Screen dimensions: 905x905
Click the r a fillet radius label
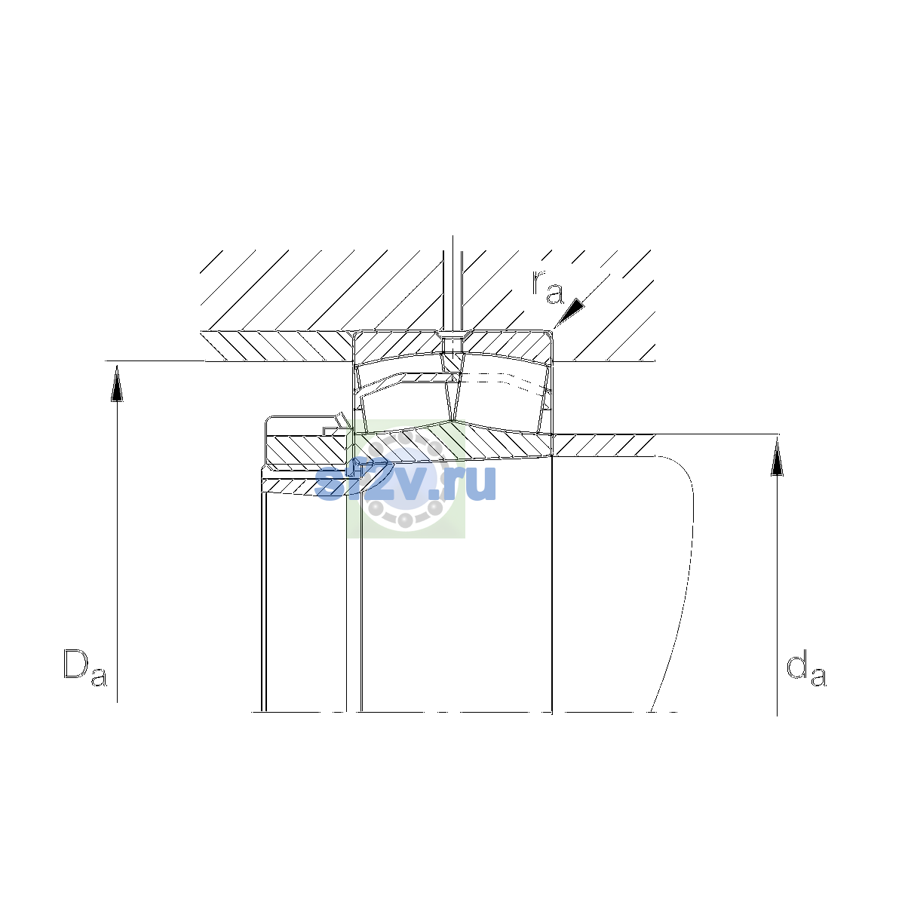click(548, 287)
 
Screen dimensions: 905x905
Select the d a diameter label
click(806, 668)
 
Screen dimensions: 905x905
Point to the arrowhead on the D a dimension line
click(117, 383)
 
